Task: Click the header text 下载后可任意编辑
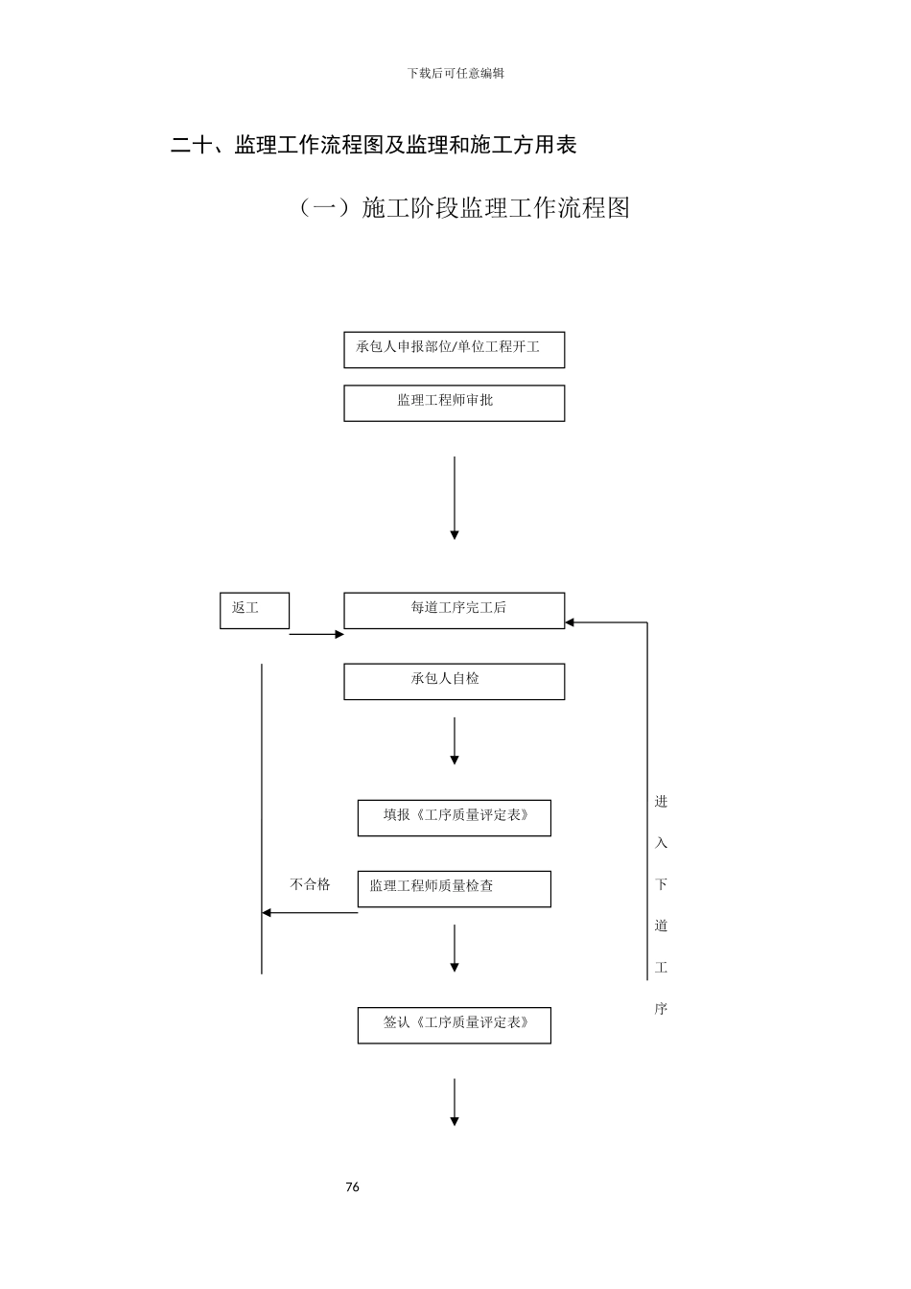pyautogui.click(x=455, y=73)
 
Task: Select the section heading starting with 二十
pyautogui.click(x=373, y=145)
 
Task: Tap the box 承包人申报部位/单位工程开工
pyautogui.click(x=454, y=349)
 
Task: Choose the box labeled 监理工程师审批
pyautogui.click(x=454, y=403)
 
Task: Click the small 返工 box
pyautogui.click(x=254, y=610)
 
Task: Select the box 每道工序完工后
pyautogui.click(x=454, y=610)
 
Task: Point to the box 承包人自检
pyautogui.click(x=454, y=681)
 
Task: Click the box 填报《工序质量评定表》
pyautogui.click(x=454, y=817)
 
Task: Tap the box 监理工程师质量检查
pyautogui.click(x=454, y=888)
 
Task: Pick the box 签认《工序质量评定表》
pyautogui.click(x=454, y=1024)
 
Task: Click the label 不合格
pyautogui.click(x=310, y=884)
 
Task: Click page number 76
pyautogui.click(x=352, y=1187)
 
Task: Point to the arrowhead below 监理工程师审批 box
pyautogui.click(x=455, y=534)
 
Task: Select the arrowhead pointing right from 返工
pyautogui.click(x=339, y=634)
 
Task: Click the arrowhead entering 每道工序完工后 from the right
pyautogui.click(x=570, y=622)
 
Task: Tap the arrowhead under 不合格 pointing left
pyautogui.click(x=268, y=913)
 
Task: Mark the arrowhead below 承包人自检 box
pyautogui.click(x=455, y=760)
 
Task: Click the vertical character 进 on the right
pyautogui.click(x=661, y=802)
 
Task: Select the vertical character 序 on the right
pyautogui.click(x=661, y=1009)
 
